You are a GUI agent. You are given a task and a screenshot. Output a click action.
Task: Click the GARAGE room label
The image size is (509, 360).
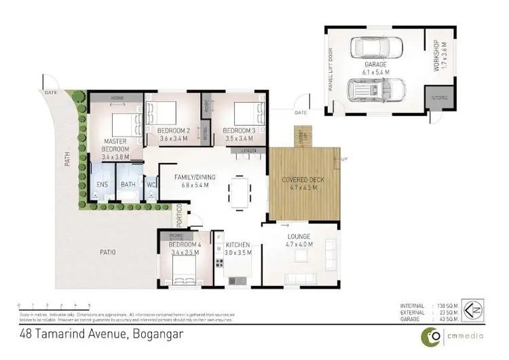click(x=374, y=65)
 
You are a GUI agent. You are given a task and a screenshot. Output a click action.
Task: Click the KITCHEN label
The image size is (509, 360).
click(x=238, y=244)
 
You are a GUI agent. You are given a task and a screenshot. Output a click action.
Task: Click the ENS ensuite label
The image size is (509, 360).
click(x=102, y=184)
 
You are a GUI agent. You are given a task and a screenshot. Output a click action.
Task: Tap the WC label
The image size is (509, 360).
click(x=151, y=184)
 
